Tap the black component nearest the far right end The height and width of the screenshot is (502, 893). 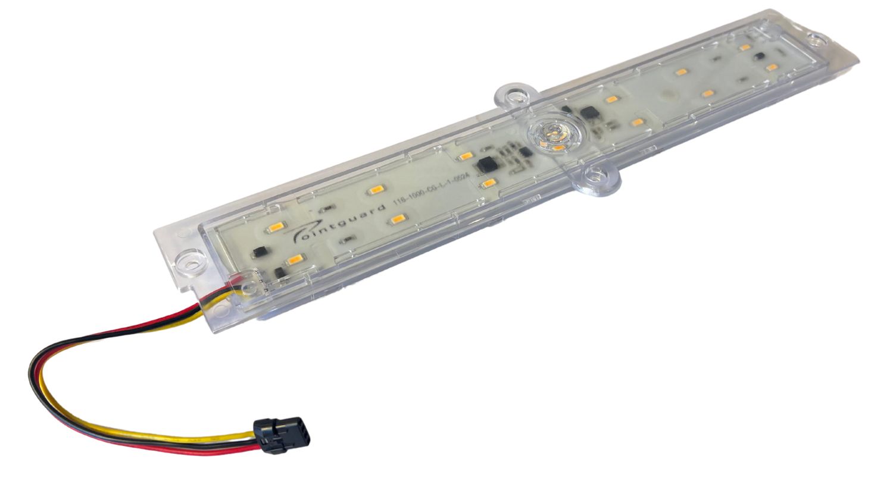coord(758,56)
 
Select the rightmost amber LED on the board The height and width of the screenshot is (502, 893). coord(772,67)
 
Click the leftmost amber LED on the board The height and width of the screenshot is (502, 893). coord(278,227)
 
